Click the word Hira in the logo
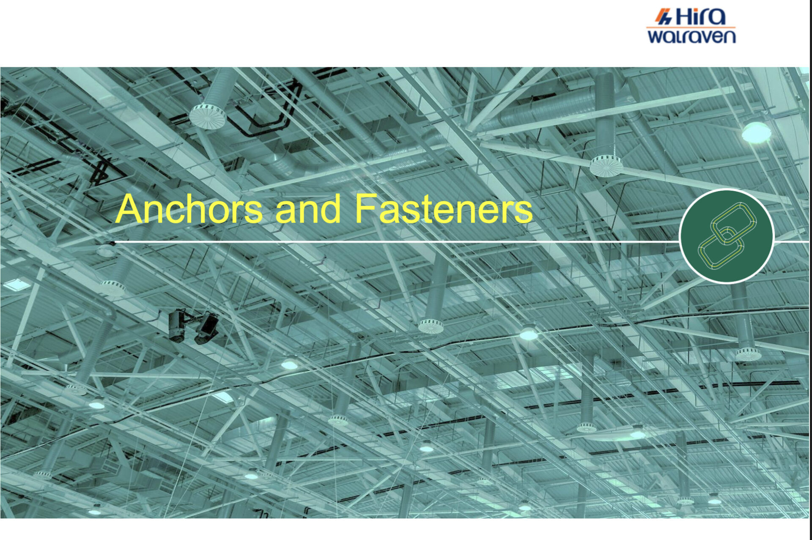pos(701,17)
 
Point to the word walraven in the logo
pos(691,36)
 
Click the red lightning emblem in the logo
pos(664,17)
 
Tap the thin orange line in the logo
pos(691,27)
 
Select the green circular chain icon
pos(727,236)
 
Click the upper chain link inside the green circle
pos(734,223)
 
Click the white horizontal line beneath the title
pos(397,242)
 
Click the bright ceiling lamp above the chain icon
pos(756,132)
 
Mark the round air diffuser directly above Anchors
pos(207,116)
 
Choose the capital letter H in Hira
pos(685,17)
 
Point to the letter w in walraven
pos(657,37)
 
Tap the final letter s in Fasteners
pos(524,212)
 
